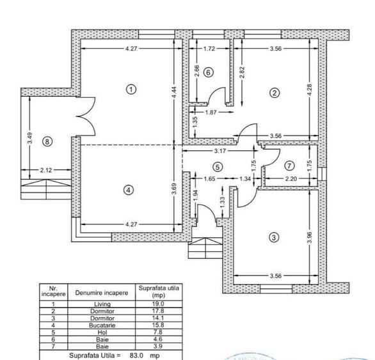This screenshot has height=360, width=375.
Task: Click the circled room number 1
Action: click(131, 89)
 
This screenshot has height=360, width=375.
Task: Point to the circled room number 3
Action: click(275, 237)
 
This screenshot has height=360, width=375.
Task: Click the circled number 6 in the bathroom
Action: click(209, 72)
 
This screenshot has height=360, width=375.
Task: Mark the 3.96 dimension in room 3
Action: click(310, 236)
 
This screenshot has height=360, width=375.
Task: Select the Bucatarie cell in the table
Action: click(102, 324)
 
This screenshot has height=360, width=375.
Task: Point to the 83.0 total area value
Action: click(136, 354)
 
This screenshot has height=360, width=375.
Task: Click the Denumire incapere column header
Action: click(102, 292)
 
